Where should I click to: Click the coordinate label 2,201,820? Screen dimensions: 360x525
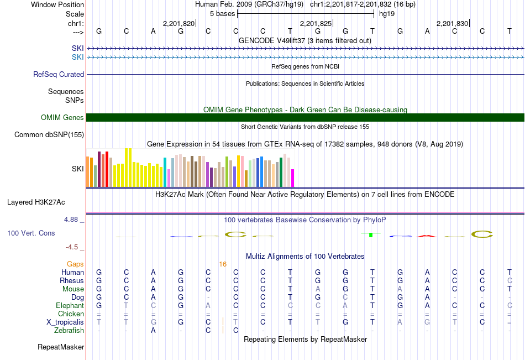click(179, 23)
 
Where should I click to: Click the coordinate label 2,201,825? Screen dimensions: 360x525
click(316, 23)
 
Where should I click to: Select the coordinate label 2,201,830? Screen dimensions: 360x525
click(452, 23)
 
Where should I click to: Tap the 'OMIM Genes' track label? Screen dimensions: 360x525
click(62, 117)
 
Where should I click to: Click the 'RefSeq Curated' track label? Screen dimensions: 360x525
click(59, 74)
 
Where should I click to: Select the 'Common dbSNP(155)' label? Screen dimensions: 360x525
click(49, 134)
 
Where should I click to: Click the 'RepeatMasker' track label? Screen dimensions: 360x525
click(61, 347)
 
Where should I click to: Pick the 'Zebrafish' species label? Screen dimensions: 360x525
click(69, 330)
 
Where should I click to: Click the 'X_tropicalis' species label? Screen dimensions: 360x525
click(65, 322)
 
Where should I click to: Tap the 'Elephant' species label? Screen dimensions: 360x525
click(70, 305)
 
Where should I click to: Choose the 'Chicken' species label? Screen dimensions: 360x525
click(71, 314)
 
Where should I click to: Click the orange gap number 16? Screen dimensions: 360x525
click(223, 264)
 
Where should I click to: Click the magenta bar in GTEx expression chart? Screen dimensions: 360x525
click(293, 178)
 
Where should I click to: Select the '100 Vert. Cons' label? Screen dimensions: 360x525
click(31, 233)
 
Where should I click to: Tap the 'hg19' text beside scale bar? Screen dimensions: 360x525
click(386, 13)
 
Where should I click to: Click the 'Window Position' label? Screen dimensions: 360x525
click(57, 4)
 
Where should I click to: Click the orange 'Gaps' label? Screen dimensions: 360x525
click(75, 264)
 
